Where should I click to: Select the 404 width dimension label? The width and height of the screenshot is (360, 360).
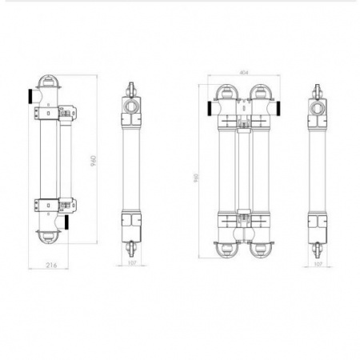click(243, 73)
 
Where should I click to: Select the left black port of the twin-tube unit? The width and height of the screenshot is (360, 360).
click(208, 107)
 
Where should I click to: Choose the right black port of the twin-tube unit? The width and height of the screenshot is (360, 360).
click(278, 107)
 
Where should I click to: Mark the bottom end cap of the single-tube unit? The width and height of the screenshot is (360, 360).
click(48, 237)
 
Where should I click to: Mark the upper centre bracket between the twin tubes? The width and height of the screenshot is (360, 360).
click(243, 122)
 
